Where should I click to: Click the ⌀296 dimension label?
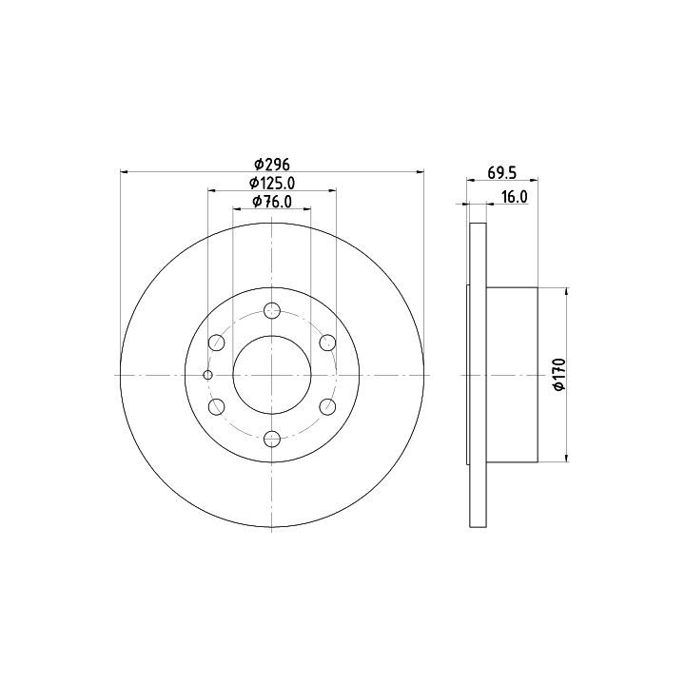(272, 165)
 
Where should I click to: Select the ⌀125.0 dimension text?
(272, 183)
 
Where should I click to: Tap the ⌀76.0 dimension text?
(272, 202)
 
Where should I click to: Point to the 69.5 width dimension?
(502, 172)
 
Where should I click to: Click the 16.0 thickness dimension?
(514, 197)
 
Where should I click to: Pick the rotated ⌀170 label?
(559, 375)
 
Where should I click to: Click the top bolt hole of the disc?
(272, 310)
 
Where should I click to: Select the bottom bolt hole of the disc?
(272, 439)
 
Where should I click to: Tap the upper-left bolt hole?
(217, 342)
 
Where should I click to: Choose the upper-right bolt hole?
(327, 342)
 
